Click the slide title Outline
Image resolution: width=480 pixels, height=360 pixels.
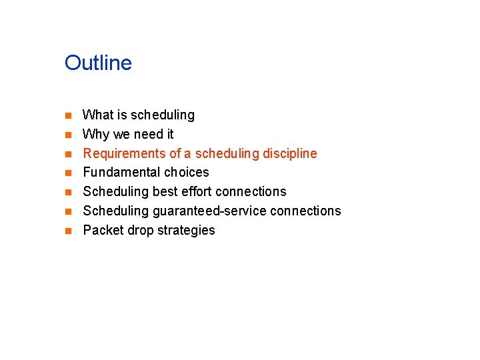click(x=98, y=63)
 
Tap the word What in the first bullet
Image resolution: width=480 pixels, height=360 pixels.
click(x=98, y=115)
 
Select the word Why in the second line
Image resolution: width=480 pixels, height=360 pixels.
click(x=96, y=135)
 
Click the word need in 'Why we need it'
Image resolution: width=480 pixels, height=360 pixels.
click(x=147, y=135)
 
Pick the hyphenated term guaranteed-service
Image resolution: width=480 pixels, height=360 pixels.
click(x=209, y=211)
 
